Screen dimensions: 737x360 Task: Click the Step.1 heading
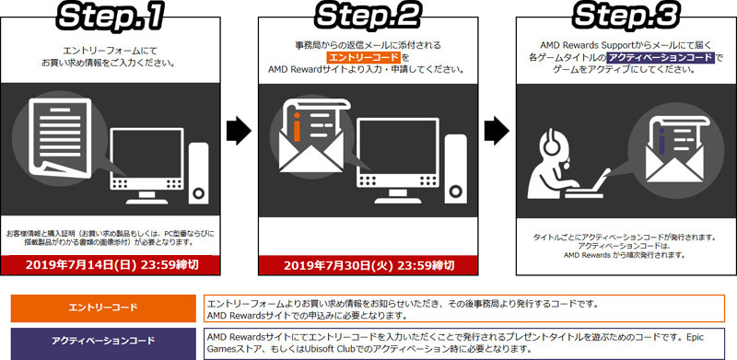tap(110, 17)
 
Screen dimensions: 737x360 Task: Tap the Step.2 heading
tap(368, 17)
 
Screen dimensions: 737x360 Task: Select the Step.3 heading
tap(626, 17)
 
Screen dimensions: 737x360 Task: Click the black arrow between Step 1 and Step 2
tap(239, 130)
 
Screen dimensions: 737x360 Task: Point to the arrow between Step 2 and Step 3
tap(497, 130)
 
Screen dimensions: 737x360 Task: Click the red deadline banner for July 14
tap(111, 265)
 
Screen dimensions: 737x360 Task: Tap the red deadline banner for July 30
tap(368, 265)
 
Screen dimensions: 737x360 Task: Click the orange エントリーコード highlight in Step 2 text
tap(363, 57)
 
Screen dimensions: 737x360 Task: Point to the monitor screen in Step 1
tap(146, 153)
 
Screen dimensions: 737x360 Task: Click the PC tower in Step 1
tap(198, 173)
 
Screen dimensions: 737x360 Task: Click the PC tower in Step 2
tap(455, 169)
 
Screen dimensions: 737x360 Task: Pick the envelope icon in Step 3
tap(675, 151)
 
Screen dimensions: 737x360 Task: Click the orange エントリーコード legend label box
tap(103, 308)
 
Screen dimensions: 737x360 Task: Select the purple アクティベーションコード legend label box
tap(103, 341)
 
